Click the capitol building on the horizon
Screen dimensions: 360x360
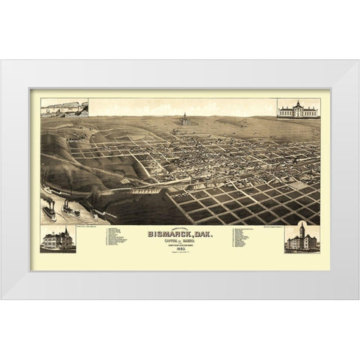click(x=184, y=119)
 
